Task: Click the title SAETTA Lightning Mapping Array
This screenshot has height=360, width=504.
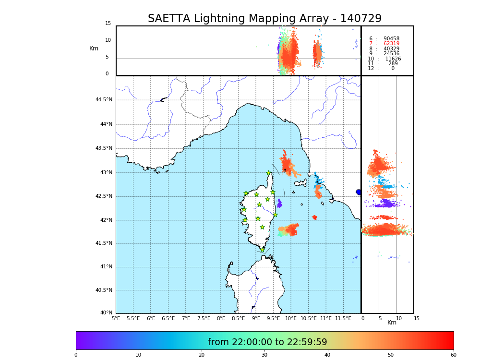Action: click(264, 19)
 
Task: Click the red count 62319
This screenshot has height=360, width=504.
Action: click(391, 44)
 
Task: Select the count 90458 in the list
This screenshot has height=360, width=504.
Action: click(391, 38)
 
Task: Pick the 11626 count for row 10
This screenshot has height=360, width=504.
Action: click(393, 59)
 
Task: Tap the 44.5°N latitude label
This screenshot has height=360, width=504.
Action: click(104, 100)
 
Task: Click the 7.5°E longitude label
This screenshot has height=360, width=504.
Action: click(204, 318)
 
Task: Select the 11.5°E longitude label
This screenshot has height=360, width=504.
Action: click(343, 318)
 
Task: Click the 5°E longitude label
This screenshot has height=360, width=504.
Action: click(116, 318)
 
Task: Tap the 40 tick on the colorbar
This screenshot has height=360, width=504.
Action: click(327, 355)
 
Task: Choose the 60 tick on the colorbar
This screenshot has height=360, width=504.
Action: click(453, 355)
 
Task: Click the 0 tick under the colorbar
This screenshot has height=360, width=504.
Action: click(76, 355)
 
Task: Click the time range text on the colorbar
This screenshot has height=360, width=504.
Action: click(267, 342)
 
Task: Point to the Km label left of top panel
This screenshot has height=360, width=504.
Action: click(94, 48)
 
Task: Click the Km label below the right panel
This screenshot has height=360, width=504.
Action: click(392, 323)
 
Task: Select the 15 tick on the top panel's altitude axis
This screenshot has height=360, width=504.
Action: click(108, 24)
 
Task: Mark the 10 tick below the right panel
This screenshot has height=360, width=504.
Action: click(398, 318)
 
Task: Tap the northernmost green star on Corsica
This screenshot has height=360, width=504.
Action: click(269, 173)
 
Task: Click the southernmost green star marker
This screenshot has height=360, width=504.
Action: click(263, 250)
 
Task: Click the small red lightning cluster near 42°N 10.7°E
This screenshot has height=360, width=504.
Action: click(314, 217)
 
